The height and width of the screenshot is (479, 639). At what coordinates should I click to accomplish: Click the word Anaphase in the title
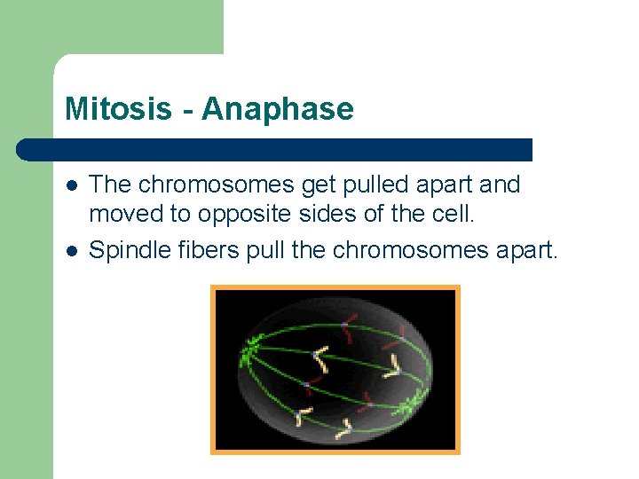[278, 109]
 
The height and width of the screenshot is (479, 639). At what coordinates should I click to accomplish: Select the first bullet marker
[72, 185]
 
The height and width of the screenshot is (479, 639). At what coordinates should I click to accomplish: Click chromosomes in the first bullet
[226, 185]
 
